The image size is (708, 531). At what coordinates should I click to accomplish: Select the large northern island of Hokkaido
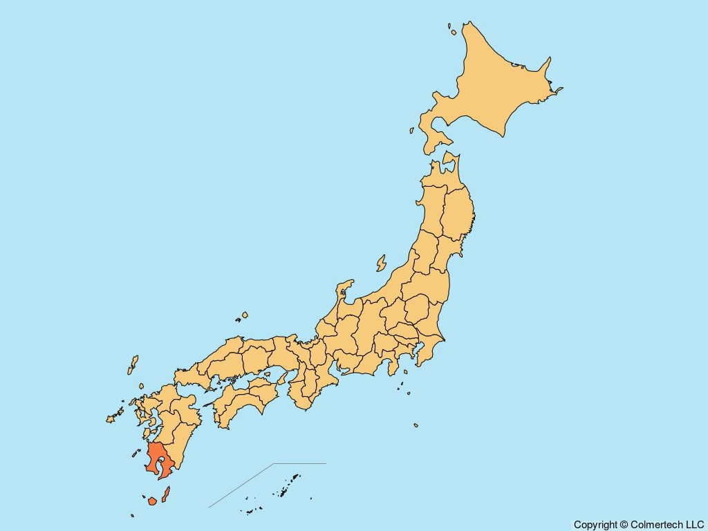(491, 83)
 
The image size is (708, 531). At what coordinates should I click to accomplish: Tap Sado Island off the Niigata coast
(381, 263)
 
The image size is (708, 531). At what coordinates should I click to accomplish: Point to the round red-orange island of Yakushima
(152, 500)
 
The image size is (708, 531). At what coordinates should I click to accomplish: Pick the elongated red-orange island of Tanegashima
(166, 494)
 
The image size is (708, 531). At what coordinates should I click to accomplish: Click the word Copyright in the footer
(595, 525)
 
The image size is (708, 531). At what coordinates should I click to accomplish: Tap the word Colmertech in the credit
(657, 525)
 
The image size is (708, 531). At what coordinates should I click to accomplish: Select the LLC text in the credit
(694, 525)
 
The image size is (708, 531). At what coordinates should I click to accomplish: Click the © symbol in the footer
(624, 525)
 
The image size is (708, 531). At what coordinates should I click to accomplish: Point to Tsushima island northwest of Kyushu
(133, 364)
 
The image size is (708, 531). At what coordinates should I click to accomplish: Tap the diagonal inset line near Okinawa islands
(242, 485)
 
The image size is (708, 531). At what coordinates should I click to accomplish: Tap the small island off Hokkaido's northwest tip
(450, 30)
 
